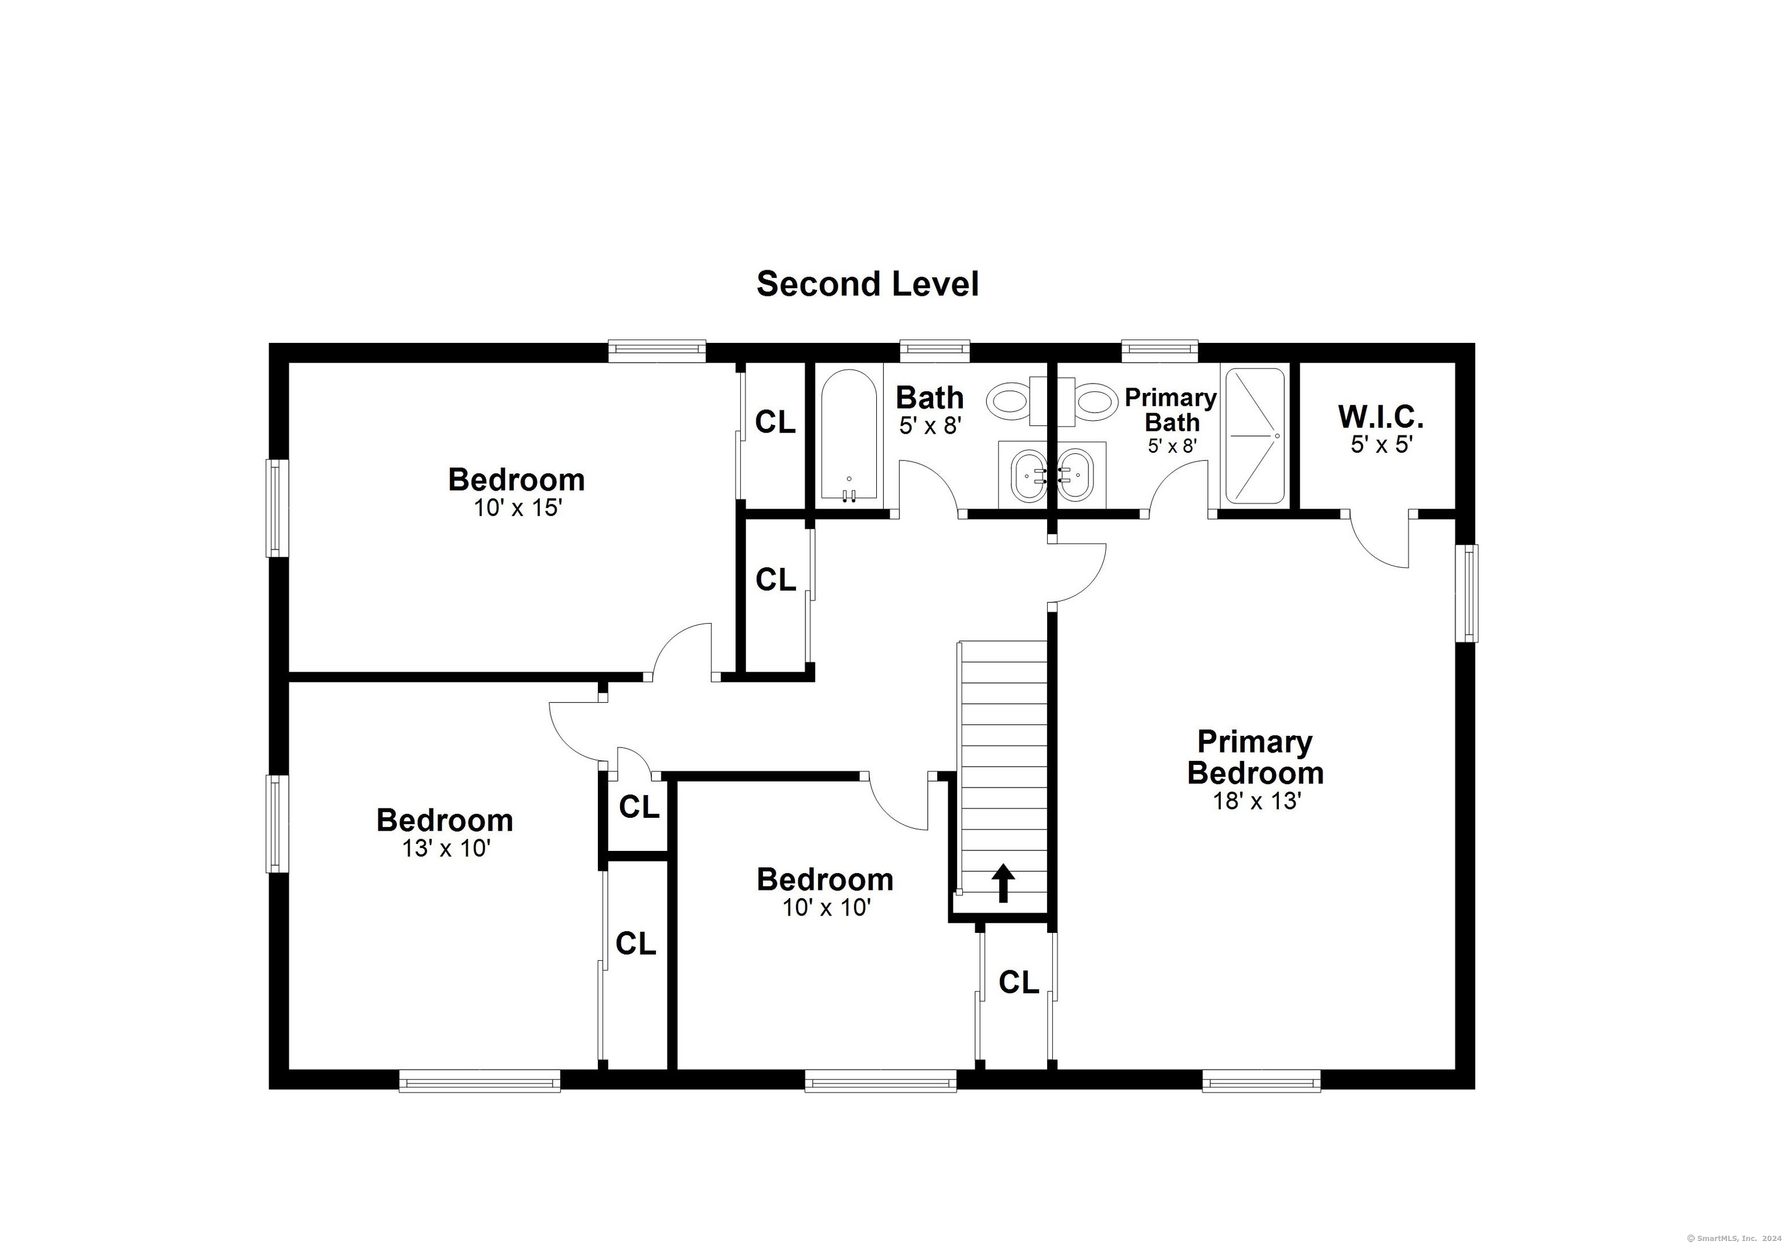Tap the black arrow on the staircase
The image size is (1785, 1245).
[1003, 883]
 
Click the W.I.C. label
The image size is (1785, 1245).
[1380, 417]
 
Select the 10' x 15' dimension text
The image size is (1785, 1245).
[518, 508]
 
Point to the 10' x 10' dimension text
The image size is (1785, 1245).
[826, 907]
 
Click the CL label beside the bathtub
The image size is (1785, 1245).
[775, 422]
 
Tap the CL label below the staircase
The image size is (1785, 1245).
[1019, 983]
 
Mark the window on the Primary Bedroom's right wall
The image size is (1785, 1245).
[1467, 593]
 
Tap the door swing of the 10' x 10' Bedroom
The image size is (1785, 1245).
[894, 808]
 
